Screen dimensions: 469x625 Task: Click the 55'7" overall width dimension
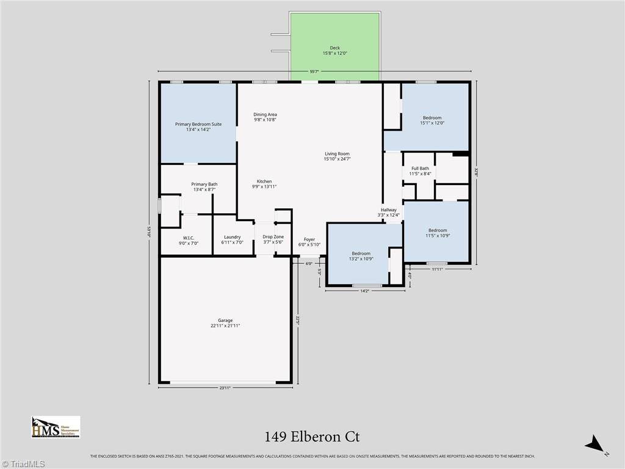(x=314, y=72)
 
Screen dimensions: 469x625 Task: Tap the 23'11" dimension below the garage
(x=225, y=388)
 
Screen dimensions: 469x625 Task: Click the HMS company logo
(x=56, y=427)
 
